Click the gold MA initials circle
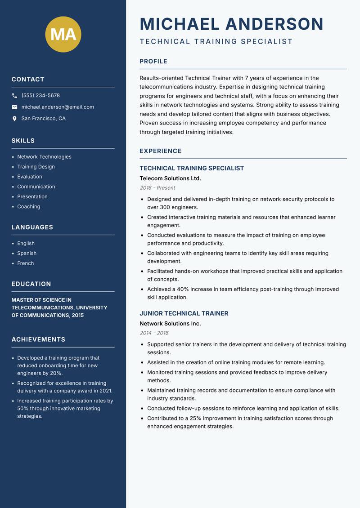(x=63, y=34)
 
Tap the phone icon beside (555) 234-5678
(x=14, y=96)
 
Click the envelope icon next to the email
(x=14, y=107)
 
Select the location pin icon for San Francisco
(x=14, y=119)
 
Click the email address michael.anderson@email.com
(x=58, y=107)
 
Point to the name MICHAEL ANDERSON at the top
(x=232, y=24)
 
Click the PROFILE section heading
(x=153, y=61)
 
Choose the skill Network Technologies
(x=44, y=157)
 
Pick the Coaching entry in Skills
(x=29, y=207)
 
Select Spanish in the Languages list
(x=27, y=254)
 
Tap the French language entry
(x=26, y=263)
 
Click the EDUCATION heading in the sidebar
(x=31, y=284)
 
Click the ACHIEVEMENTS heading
(x=38, y=339)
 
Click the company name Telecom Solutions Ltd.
(x=170, y=178)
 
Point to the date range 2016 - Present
(x=157, y=188)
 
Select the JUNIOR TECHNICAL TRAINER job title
(x=184, y=313)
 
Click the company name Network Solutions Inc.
(x=170, y=324)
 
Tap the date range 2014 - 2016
(x=154, y=333)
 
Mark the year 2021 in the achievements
(x=105, y=391)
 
